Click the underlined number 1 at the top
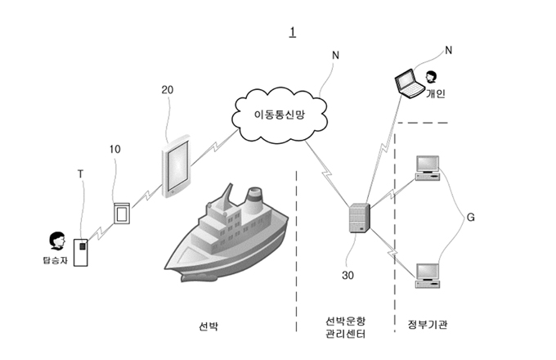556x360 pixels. [x=293, y=32]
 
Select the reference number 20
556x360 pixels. [x=168, y=90]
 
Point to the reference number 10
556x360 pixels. [x=115, y=150]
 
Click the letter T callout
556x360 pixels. [x=80, y=174]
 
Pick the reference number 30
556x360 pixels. [x=347, y=275]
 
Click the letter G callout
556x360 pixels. [x=470, y=218]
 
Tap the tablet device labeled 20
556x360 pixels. [x=177, y=166]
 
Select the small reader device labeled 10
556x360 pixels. [x=122, y=214]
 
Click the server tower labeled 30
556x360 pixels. [x=360, y=218]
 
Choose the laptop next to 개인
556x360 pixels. [x=410, y=83]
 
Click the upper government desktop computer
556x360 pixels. [x=428, y=168]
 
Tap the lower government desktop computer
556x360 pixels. [x=428, y=276]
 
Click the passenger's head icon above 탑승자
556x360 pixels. [x=57, y=241]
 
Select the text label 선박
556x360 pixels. [x=208, y=326]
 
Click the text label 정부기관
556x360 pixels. [x=428, y=325]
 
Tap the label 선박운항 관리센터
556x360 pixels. [x=345, y=327]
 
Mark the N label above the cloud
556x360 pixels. [x=335, y=56]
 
